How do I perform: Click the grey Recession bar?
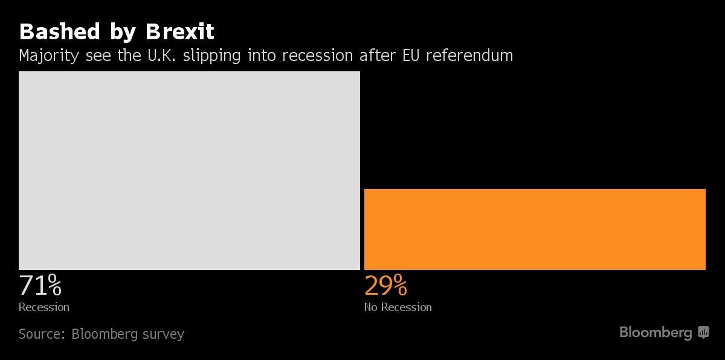click(189, 170)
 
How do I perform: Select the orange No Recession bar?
click(535, 229)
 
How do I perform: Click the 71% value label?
click(40, 285)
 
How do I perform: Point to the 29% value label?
click(385, 285)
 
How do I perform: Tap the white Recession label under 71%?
click(44, 307)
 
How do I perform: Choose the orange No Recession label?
click(398, 307)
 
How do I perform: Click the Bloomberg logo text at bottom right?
click(656, 332)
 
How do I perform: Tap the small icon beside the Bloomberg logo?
click(703, 332)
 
